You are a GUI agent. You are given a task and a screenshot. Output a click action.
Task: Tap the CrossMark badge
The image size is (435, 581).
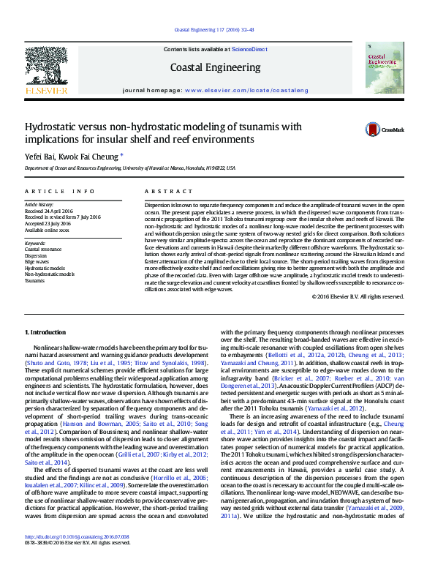click(385, 130)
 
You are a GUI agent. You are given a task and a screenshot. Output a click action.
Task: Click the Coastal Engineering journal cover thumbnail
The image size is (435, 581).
click(385, 67)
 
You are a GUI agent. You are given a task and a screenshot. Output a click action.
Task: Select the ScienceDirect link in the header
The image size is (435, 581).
click(249, 49)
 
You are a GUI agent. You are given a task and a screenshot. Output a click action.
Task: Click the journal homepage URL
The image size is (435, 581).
click(247, 89)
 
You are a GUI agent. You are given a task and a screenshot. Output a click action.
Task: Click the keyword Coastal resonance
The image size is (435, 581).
click(43, 249)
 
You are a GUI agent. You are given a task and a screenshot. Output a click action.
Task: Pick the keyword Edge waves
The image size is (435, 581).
click(37, 261)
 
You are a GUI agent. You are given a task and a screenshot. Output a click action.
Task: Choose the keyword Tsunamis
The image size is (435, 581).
click(34, 280)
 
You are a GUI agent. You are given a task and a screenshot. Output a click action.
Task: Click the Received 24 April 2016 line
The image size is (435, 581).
click(53, 210)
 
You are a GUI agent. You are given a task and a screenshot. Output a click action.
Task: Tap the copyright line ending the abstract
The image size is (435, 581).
click(358, 296)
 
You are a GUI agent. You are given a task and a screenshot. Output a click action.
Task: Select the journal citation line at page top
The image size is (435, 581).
click(215, 30)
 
